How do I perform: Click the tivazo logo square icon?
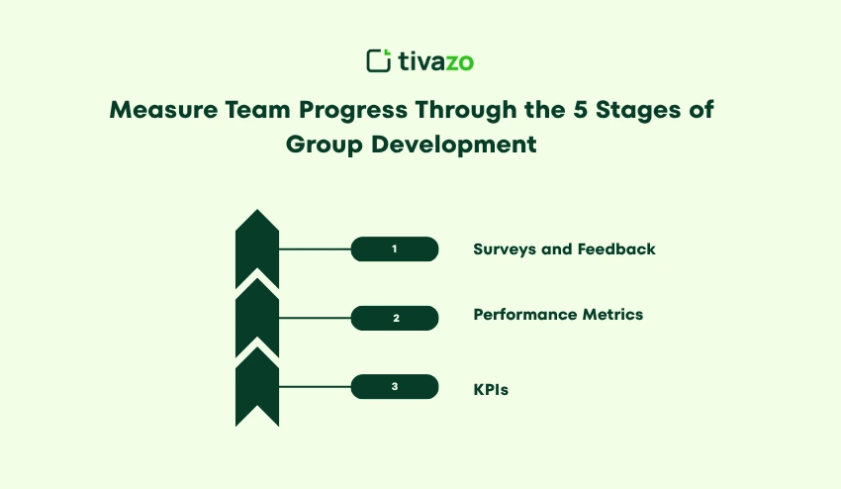point(379,60)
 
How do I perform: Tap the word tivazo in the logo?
point(436,61)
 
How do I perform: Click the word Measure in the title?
point(163,110)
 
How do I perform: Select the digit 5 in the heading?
point(581,110)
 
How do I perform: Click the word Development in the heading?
point(454,145)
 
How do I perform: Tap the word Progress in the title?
point(353,111)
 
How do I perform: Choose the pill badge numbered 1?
point(395,249)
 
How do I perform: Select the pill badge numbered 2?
point(395,318)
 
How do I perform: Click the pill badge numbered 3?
point(395,386)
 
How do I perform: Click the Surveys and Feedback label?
point(564,249)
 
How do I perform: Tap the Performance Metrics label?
point(558,315)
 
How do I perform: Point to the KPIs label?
point(491,390)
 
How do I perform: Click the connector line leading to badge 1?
point(315,249)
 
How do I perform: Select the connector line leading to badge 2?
point(315,318)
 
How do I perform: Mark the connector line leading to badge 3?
point(315,386)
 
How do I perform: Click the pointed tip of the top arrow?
point(257,209)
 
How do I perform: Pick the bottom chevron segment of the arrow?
point(257,384)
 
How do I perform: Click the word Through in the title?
point(466,111)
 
